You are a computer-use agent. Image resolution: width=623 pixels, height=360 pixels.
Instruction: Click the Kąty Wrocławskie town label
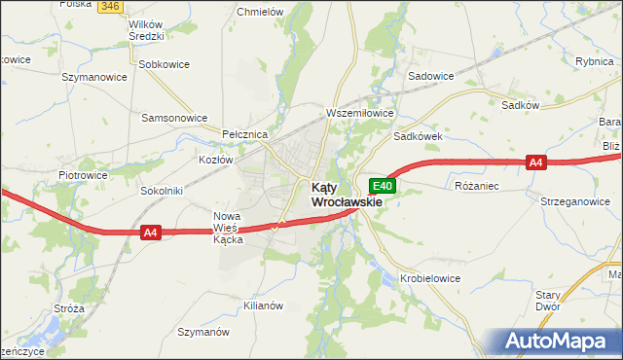pos(346,195)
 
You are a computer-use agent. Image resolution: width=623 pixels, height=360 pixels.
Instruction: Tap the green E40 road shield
pos(384,186)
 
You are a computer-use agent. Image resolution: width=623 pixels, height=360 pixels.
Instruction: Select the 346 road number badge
pos(110,6)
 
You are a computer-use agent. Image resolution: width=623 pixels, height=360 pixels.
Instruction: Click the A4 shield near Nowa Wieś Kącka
pos(149,233)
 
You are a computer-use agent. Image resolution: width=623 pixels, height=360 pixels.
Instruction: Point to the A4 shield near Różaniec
pos(535,163)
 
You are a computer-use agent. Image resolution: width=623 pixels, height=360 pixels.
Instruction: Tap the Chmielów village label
pos(261,13)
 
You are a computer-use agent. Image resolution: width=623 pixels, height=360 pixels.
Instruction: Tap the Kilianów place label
pos(262,305)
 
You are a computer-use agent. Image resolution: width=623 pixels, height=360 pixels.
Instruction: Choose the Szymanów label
pos(202,332)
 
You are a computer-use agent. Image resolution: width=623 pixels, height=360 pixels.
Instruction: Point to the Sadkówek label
pos(418,137)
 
